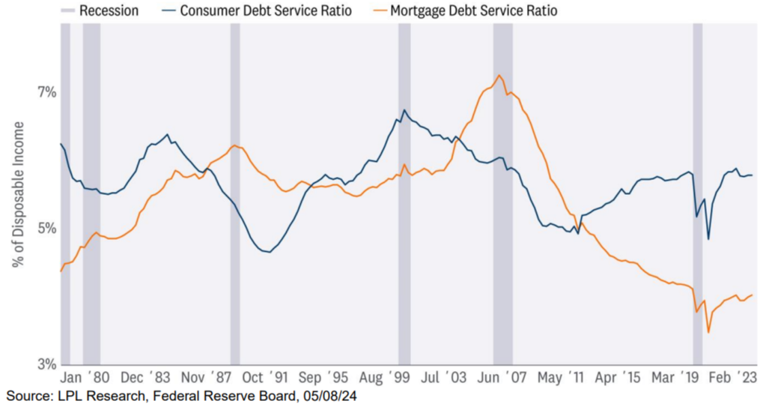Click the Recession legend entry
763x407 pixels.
click(105, 11)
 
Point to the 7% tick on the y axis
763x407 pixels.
click(47, 92)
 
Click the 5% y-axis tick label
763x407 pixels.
click(47, 228)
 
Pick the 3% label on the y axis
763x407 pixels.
click(47, 364)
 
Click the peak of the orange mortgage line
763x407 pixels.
click(499, 75)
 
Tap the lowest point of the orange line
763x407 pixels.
click(708, 332)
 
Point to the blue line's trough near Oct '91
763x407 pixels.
click(267, 252)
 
